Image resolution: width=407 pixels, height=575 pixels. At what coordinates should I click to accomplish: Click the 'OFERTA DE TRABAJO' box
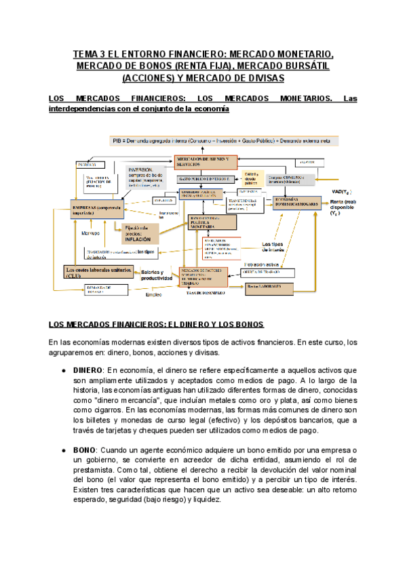click(x=269, y=273)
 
